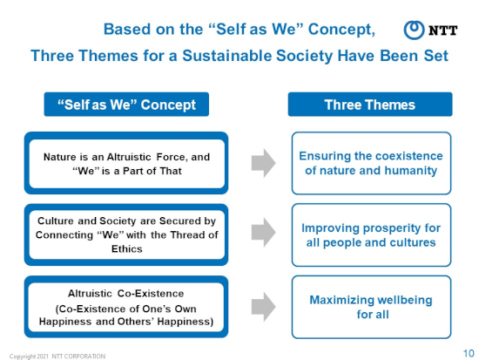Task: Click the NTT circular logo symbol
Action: (414, 30)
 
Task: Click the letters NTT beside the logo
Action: (442, 31)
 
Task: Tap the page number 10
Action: (469, 353)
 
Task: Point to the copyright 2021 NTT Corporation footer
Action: (57, 356)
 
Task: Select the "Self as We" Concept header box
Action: (126, 105)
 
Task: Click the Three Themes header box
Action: (370, 105)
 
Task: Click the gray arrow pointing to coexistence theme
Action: (264, 163)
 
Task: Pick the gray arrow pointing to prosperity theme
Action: (264, 233)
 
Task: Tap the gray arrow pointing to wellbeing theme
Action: (264, 307)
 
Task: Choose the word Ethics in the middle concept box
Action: (127, 248)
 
